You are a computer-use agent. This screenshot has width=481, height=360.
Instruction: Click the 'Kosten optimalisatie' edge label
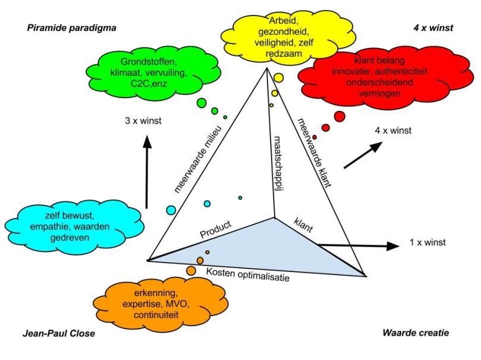[248, 274]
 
